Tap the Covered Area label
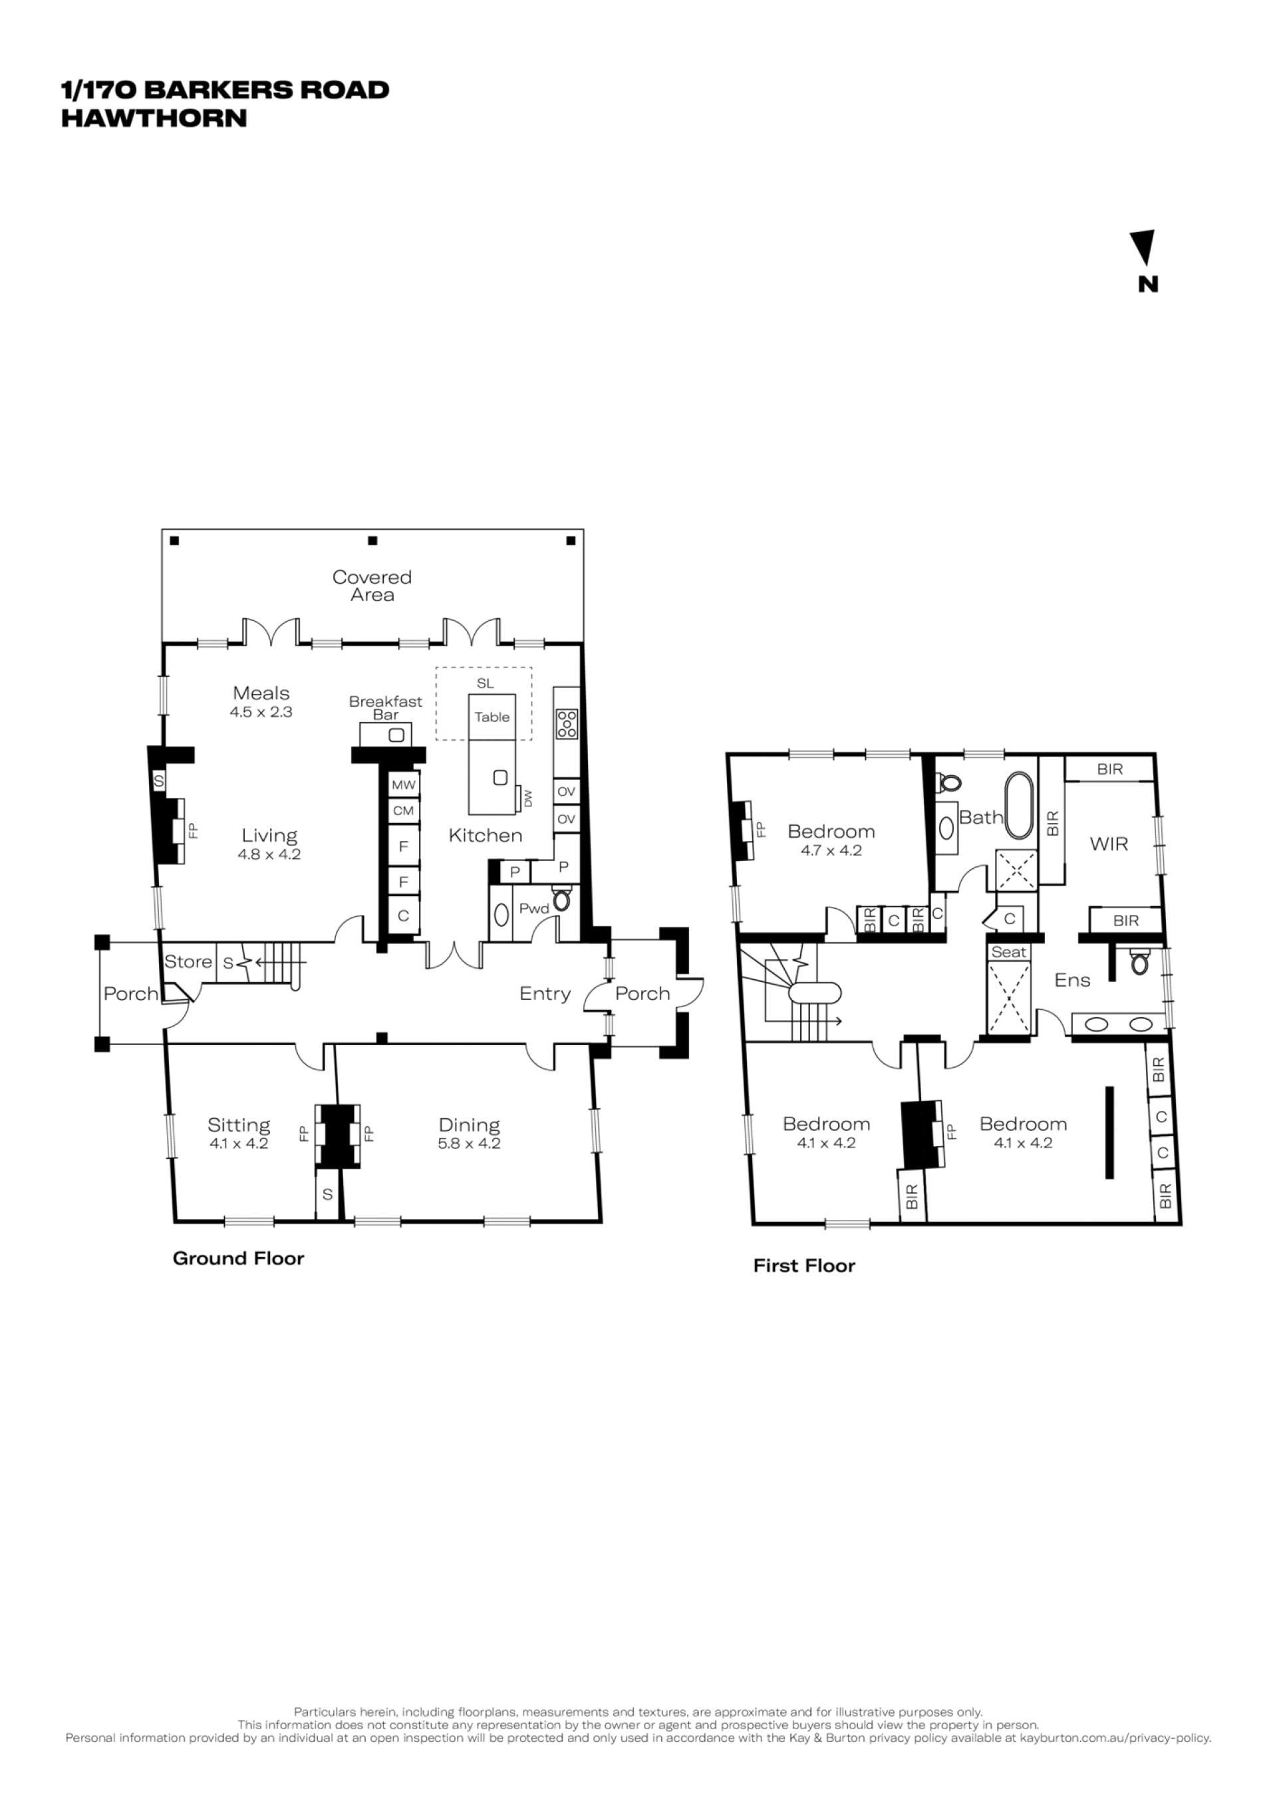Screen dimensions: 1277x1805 372,586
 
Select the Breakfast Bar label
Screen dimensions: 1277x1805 385,707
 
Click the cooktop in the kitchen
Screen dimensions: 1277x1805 567,724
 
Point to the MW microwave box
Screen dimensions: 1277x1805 404,784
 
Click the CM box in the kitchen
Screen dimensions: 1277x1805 404,810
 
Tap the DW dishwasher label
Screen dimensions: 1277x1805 527,798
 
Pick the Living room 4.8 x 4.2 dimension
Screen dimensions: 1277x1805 269,854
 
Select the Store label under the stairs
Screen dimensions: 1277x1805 188,961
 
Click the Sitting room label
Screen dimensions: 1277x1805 239,1125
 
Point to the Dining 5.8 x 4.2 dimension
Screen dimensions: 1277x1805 470,1144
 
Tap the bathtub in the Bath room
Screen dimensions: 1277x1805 1019,806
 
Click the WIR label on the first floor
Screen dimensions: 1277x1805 1109,844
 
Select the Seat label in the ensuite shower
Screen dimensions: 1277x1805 1009,952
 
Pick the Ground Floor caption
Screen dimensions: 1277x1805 238,1259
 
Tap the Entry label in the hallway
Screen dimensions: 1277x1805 545,994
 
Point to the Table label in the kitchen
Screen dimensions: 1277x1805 492,717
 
